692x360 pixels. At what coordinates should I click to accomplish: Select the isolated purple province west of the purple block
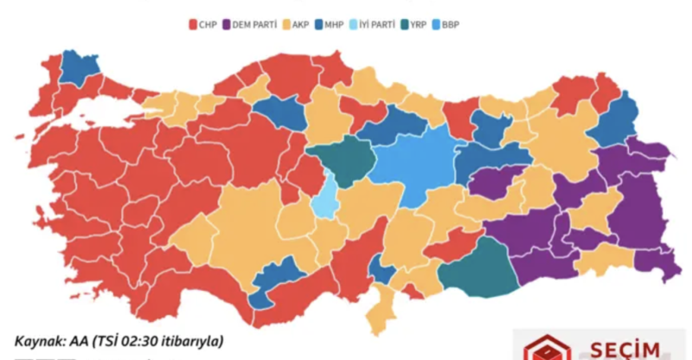pyautogui.click(x=491, y=182)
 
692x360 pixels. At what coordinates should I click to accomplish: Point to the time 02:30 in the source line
pyautogui.click(x=138, y=341)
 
